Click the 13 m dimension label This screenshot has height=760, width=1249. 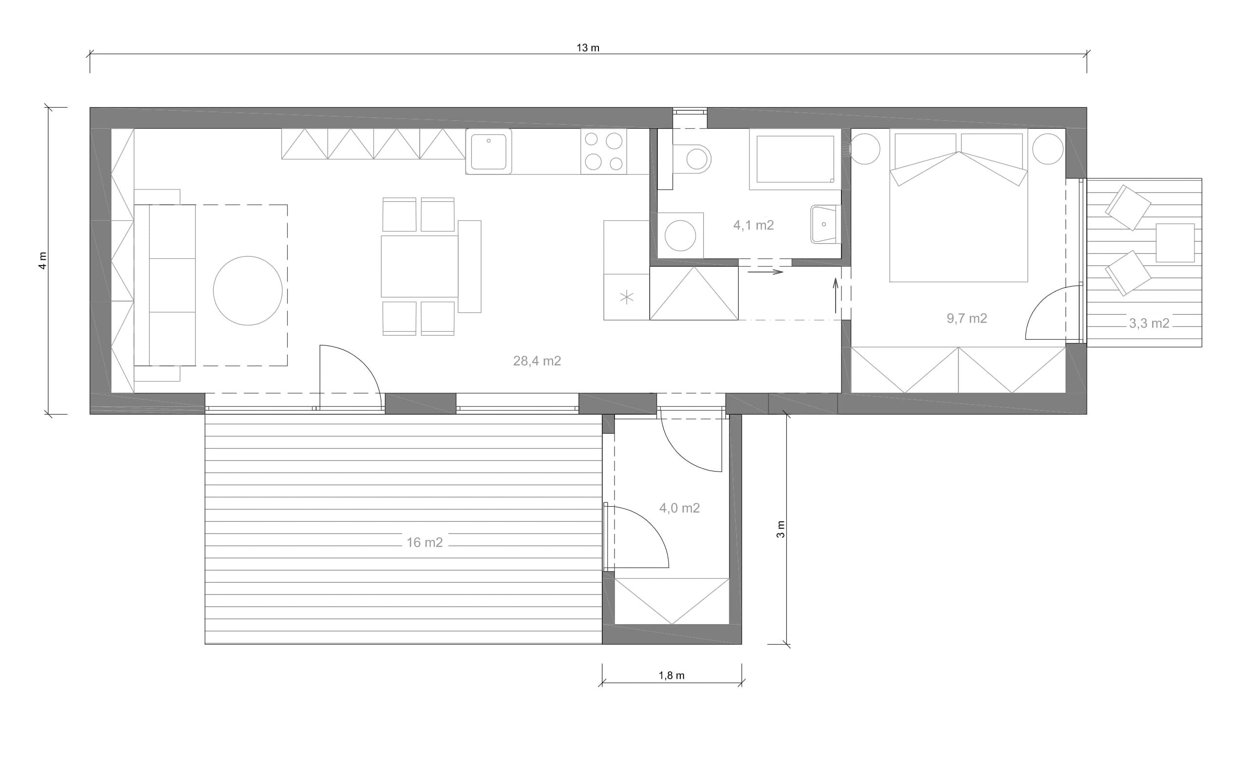588,48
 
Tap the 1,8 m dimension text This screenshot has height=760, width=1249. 671,675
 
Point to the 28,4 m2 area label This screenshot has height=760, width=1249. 537,361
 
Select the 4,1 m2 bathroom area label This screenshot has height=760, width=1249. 753,225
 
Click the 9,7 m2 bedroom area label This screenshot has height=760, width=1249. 967,319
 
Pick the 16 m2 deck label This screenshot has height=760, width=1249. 425,543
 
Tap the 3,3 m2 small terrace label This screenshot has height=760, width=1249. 1149,323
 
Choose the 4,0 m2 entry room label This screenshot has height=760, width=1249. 679,508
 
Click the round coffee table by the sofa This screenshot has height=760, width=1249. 248,290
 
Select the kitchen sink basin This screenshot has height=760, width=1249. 489,152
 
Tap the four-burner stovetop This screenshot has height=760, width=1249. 604,152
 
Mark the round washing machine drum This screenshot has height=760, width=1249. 680,236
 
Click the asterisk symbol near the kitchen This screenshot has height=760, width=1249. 627,297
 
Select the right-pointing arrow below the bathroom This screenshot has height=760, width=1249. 765,272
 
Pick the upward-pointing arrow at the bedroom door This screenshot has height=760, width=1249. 836,295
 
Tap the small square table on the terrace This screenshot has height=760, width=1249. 1175,243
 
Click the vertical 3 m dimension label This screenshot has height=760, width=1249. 781,529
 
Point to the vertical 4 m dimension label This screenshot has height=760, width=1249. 43,261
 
